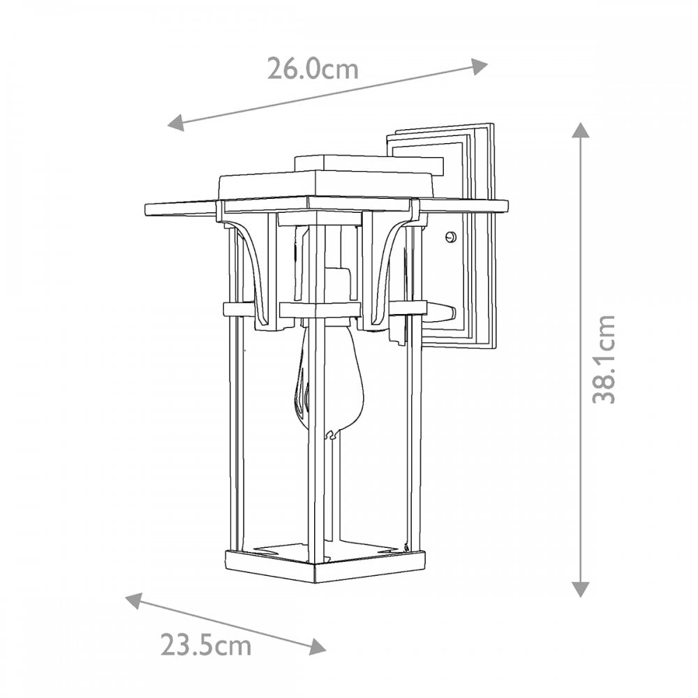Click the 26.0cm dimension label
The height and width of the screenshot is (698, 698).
[313, 69]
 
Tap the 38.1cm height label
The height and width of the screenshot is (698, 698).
[604, 359]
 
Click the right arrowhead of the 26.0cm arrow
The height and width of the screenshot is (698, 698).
[480, 66]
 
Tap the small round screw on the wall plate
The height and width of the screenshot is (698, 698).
[452, 237]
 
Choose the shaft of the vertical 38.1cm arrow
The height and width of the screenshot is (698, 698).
[581, 359]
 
